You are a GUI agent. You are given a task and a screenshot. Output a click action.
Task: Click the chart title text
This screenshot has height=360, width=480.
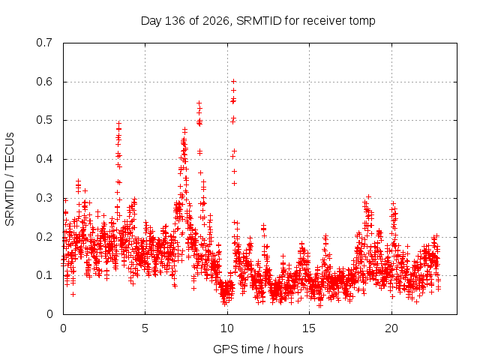(x=258, y=21)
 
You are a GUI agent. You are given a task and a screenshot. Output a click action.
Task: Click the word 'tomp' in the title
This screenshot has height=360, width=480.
(x=362, y=22)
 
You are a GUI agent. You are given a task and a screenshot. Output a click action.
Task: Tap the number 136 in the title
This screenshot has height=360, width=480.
(x=175, y=21)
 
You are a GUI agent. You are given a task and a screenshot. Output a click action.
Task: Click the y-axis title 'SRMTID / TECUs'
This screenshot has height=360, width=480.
(x=10, y=179)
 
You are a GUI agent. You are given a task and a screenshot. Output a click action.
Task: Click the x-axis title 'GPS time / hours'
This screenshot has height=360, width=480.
(x=258, y=349)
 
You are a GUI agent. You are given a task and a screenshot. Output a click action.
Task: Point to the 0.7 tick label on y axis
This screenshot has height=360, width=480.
(x=44, y=43)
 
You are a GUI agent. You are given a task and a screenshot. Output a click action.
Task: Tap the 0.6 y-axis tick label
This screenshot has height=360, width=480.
(x=44, y=82)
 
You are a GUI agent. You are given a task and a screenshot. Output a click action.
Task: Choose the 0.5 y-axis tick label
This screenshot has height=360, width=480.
(x=44, y=120)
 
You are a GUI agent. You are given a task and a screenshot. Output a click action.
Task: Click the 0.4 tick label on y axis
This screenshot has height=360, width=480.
(x=44, y=159)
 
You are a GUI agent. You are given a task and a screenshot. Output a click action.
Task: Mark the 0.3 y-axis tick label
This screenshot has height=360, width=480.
(x=44, y=198)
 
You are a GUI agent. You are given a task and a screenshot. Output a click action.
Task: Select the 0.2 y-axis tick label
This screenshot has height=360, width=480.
(x=44, y=237)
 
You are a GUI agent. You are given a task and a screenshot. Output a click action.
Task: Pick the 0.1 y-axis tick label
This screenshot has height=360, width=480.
(x=44, y=275)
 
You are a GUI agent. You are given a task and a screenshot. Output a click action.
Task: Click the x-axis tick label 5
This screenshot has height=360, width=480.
(x=145, y=328)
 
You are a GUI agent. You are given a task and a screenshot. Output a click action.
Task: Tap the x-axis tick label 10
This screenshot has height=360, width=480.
(x=227, y=328)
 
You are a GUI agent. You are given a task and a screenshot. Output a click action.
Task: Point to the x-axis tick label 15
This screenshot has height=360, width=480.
(x=309, y=328)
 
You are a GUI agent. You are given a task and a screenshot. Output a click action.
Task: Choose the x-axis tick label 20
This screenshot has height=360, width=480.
(x=391, y=328)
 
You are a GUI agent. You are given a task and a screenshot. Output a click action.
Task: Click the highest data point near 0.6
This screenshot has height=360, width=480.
(x=233, y=82)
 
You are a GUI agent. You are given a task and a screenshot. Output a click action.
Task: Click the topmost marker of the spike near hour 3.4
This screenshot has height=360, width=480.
(x=119, y=123)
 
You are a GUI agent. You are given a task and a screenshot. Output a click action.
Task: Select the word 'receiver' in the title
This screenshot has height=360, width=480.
(x=325, y=21)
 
